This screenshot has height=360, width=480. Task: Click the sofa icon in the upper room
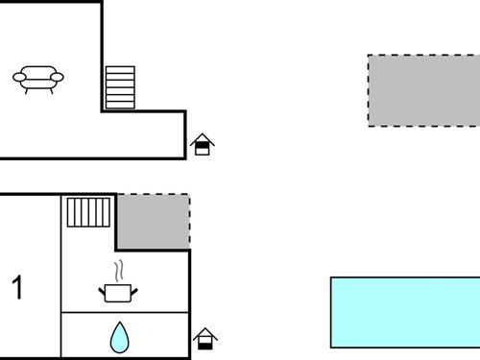(x=38, y=77)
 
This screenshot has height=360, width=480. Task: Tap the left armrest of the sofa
(x=20, y=77)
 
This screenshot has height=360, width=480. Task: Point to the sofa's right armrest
(x=57, y=77)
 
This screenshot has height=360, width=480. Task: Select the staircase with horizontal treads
(x=120, y=87)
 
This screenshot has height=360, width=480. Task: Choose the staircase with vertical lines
(x=89, y=211)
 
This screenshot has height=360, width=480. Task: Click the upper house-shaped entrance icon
(x=202, y=145)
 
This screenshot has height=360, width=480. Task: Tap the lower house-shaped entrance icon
(x=204, y=338)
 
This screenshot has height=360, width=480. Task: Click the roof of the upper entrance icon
(x=202, y=139)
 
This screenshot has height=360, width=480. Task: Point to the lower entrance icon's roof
(x=204, y=332)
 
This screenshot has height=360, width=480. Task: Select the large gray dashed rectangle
(x=423, y=90)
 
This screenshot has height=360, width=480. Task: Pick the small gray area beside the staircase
(x=153, y=222)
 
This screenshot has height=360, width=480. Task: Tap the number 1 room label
(x=17, y=287)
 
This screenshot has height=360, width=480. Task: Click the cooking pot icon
(x=120, y=291)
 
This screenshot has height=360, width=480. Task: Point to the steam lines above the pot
(x=119, y=269)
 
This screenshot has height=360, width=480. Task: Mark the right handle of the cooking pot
(x=137, y=287)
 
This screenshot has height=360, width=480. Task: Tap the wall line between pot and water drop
(x=125, y=313)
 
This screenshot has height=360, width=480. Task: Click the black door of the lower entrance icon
(x=204, y=342)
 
